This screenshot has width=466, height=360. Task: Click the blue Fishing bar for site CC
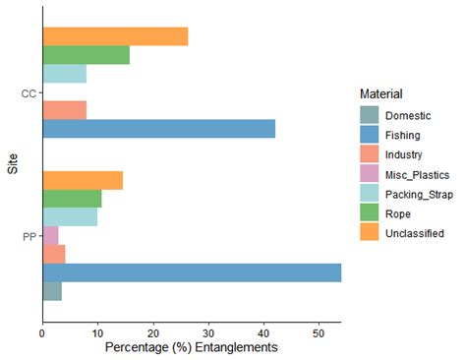click(158, 129)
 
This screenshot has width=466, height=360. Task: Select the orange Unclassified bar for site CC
click(115, 36)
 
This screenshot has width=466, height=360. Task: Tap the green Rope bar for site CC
click(86, 55)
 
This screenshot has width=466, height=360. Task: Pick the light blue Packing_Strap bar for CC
click(64, 74)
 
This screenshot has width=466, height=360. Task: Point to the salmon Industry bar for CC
click(64, 110)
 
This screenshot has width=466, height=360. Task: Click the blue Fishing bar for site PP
click(192, 272)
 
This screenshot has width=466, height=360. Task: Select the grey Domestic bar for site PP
click(52, 291)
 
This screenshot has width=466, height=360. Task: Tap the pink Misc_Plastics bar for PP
click(50, 236)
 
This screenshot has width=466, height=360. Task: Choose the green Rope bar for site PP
click(72, 199)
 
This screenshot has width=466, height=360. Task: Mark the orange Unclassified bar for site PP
click(83, 180)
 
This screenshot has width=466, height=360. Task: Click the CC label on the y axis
click(29, 93)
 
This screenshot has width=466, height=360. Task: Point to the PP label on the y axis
click(29, 236)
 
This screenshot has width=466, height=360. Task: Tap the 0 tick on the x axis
click(42, 333)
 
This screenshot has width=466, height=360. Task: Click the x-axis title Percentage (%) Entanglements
click(191, 348)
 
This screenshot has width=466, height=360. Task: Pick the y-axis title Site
click(13, 164)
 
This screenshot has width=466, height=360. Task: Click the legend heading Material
click(381, 93)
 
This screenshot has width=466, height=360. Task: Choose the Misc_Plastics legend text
click(417, 175)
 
